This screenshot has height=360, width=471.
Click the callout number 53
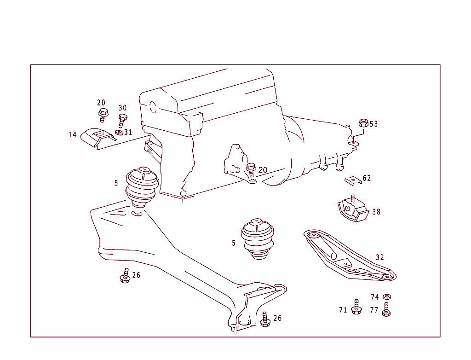373,124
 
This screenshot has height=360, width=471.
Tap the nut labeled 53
363,123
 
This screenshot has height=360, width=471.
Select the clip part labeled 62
353,180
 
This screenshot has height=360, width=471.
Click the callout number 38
376,212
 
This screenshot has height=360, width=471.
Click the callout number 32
379,257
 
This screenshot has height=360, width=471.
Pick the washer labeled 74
387,296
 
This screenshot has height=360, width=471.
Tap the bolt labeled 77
386,309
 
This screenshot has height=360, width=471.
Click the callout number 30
122,108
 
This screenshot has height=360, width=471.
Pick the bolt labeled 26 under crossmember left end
125,276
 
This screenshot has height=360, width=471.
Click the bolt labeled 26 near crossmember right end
265,319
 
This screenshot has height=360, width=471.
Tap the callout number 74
375,297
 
